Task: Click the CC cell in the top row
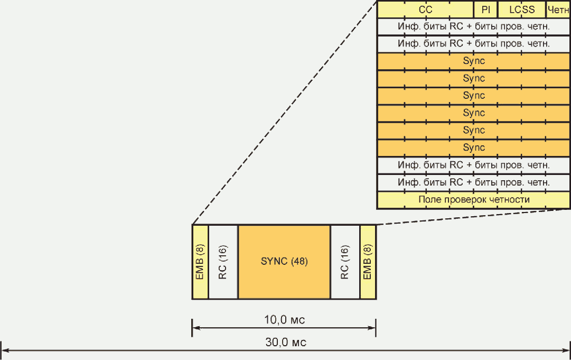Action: [425, 10]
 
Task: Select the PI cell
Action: [485, 10]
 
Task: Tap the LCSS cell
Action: [522, 10]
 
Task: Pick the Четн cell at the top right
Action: [558, 10]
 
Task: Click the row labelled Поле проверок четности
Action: [474, 200]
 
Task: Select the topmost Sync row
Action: [474, 61]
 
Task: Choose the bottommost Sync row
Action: [474, 147]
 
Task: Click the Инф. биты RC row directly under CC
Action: [474, 26]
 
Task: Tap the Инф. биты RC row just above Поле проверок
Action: [474, 182]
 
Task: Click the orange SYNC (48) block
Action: [284, 262]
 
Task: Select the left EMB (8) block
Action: [200, 262]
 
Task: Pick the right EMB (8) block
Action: [368, 262]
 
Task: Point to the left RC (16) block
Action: [223, 262]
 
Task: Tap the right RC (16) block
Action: [345, 262]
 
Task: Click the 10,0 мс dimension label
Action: [284, 320]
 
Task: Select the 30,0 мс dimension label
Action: [285, 342]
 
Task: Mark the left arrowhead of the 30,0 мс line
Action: [4, 349]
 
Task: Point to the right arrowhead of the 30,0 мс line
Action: [567, 349]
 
